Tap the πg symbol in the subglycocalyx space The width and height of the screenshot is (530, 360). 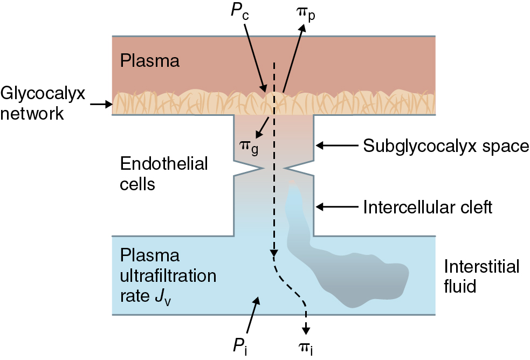pyautogui.click(x=248, y=147)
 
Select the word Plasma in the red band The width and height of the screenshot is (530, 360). pyautogui.click(x=150, y=61)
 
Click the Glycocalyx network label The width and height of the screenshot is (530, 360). pyautogui.click(x=43, y=103)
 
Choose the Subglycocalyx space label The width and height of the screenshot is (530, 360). pyautogui.click(x=446, y=146)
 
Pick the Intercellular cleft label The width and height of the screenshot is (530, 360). pyautogui.click(x=428, y=206)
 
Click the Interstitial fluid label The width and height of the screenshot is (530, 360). pyautogui.click(x=481, y=275)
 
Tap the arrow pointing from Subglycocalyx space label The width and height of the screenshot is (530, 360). pyautogui.click(x=335, y=146)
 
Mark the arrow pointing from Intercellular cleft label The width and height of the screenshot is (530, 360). pyautogui.click(x=335, y=206)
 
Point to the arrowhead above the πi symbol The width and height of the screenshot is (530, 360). pyautogui.click(x=306, y=329)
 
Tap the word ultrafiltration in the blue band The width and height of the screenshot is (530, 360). pyautogui.click(x=168, y=275)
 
